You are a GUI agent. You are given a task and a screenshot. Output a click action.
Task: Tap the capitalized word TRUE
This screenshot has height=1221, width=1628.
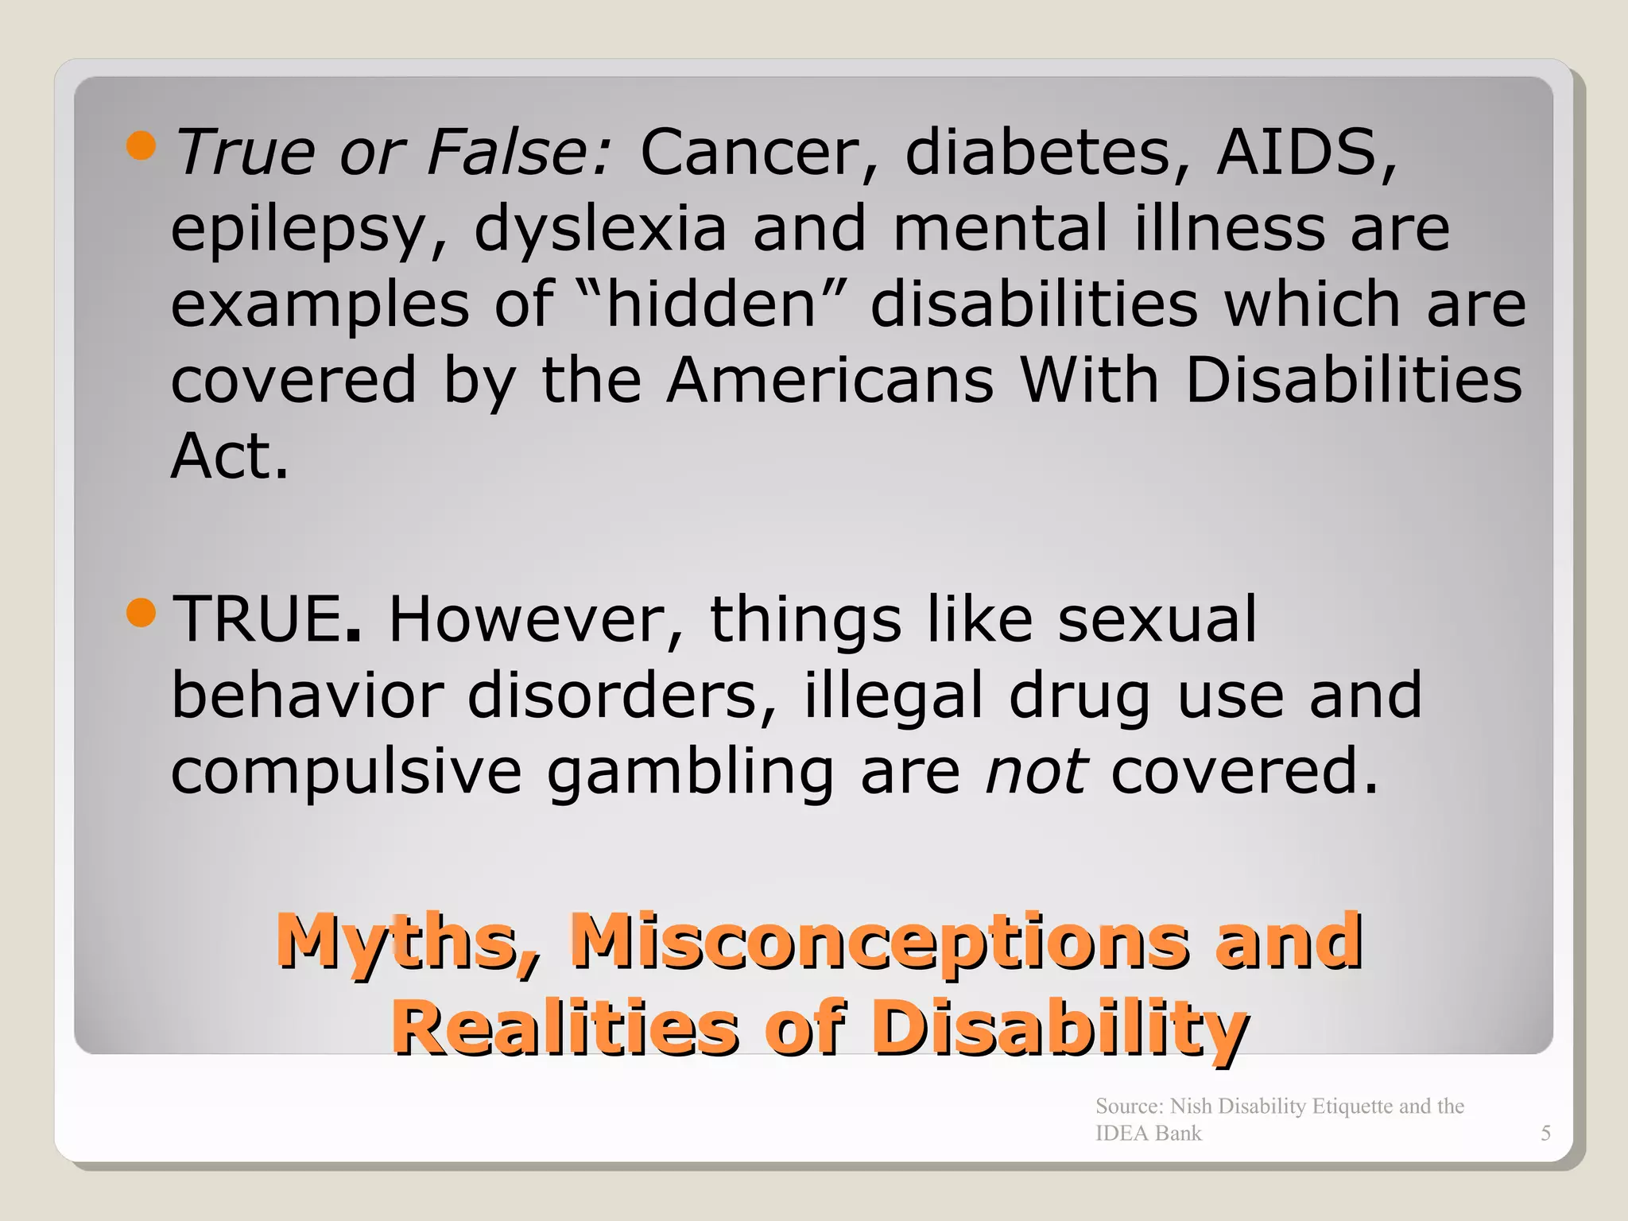pos(259,619)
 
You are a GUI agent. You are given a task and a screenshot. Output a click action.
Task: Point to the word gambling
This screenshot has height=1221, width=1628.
pos(691,772)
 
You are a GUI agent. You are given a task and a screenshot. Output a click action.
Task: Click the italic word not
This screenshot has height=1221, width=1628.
pos(1036,772)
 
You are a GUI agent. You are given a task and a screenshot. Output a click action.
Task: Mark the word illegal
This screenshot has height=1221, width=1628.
pos(893,696)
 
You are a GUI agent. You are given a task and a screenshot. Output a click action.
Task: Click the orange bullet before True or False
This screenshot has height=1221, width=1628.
pos(141,145)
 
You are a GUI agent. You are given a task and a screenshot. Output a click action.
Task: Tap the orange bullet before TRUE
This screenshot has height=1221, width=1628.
pos(141,613)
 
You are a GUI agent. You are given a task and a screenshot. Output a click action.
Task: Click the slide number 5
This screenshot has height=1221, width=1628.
pos(1545,1134)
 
